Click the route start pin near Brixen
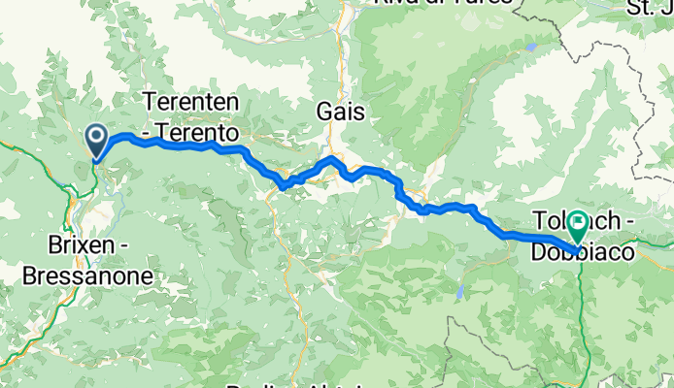(x=97, y=142)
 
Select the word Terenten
(x=191, y=100)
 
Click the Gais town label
(x=340, y=113)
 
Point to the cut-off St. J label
(x=651, y=9)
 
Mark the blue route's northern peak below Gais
(x=332, y=158)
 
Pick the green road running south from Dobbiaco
(x=581, y=310)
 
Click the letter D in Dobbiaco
(x=537, y=251)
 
